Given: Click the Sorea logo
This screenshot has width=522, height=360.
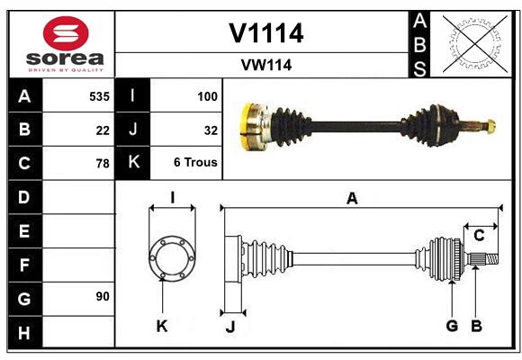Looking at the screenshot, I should (65, 44).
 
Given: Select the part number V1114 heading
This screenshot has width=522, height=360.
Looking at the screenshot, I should (265, 33).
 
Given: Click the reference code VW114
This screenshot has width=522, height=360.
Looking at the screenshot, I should (265, 65).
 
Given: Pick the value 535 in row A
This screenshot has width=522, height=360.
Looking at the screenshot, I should (99, 95).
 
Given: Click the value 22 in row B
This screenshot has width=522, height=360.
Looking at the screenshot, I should (103, 130).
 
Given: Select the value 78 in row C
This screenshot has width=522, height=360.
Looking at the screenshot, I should (103, 164).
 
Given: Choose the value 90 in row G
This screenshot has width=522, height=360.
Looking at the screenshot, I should (102, 297).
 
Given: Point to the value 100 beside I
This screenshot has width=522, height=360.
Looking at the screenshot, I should (207, 95).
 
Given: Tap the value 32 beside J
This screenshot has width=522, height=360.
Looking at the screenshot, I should (211, 130).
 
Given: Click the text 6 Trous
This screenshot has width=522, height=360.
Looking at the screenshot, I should (196, 164).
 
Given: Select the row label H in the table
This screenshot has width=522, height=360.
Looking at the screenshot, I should (23, 334).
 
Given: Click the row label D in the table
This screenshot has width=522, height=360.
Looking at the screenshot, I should (23, 197).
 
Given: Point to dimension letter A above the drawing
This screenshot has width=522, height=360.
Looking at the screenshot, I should (352, 199).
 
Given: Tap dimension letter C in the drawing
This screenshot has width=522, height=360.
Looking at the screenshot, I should (479, 236).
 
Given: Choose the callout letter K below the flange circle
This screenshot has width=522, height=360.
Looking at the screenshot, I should (162, 326).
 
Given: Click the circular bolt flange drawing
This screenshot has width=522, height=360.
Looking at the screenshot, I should (171, 258).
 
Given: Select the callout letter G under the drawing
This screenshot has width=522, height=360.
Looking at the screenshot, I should (452, 326).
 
